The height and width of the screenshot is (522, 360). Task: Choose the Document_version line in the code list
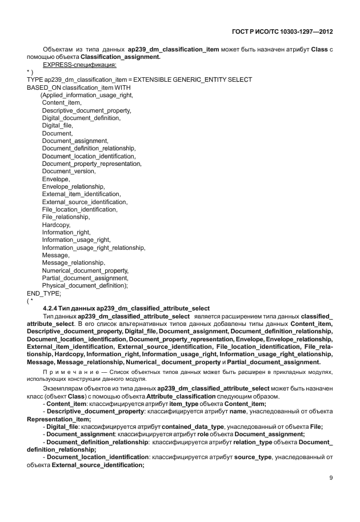point(69,171)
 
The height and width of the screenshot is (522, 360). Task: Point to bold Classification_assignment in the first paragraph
point(121,57)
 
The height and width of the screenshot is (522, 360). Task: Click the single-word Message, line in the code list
point(56,255)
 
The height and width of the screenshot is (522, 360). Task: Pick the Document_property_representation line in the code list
point(91,164)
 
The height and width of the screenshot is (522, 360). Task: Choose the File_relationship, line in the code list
point(66,217)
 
